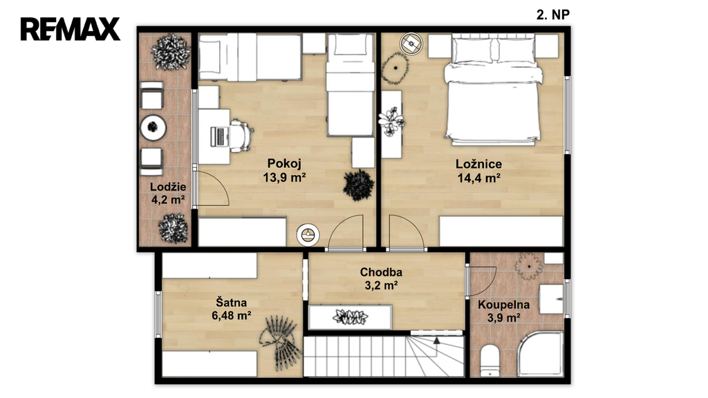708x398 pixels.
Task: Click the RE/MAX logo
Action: tap(70, 29)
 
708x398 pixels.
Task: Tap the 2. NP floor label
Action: tap(552, 15)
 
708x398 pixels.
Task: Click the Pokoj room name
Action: tap(284, 163)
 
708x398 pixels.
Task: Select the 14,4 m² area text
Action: tap(478, 178)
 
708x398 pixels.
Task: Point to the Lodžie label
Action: tap(168, 187)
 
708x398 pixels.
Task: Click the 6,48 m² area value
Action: tap(231, 315)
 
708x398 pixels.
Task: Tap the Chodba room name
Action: tap(381, 272)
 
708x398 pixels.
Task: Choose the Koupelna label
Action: tap(503, 305)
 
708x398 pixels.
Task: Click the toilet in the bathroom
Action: tap(490, 361)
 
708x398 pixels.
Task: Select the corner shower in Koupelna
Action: tap(540, 353)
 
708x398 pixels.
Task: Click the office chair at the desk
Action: tap(241, 135)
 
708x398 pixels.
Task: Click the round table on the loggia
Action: tap(153, 128)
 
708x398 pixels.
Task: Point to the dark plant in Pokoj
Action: tap(359, 184)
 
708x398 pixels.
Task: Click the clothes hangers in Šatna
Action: tap(281, 340)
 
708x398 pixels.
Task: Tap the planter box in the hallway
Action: tap(351, 316)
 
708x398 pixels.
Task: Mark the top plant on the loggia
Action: tap(171, 52)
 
